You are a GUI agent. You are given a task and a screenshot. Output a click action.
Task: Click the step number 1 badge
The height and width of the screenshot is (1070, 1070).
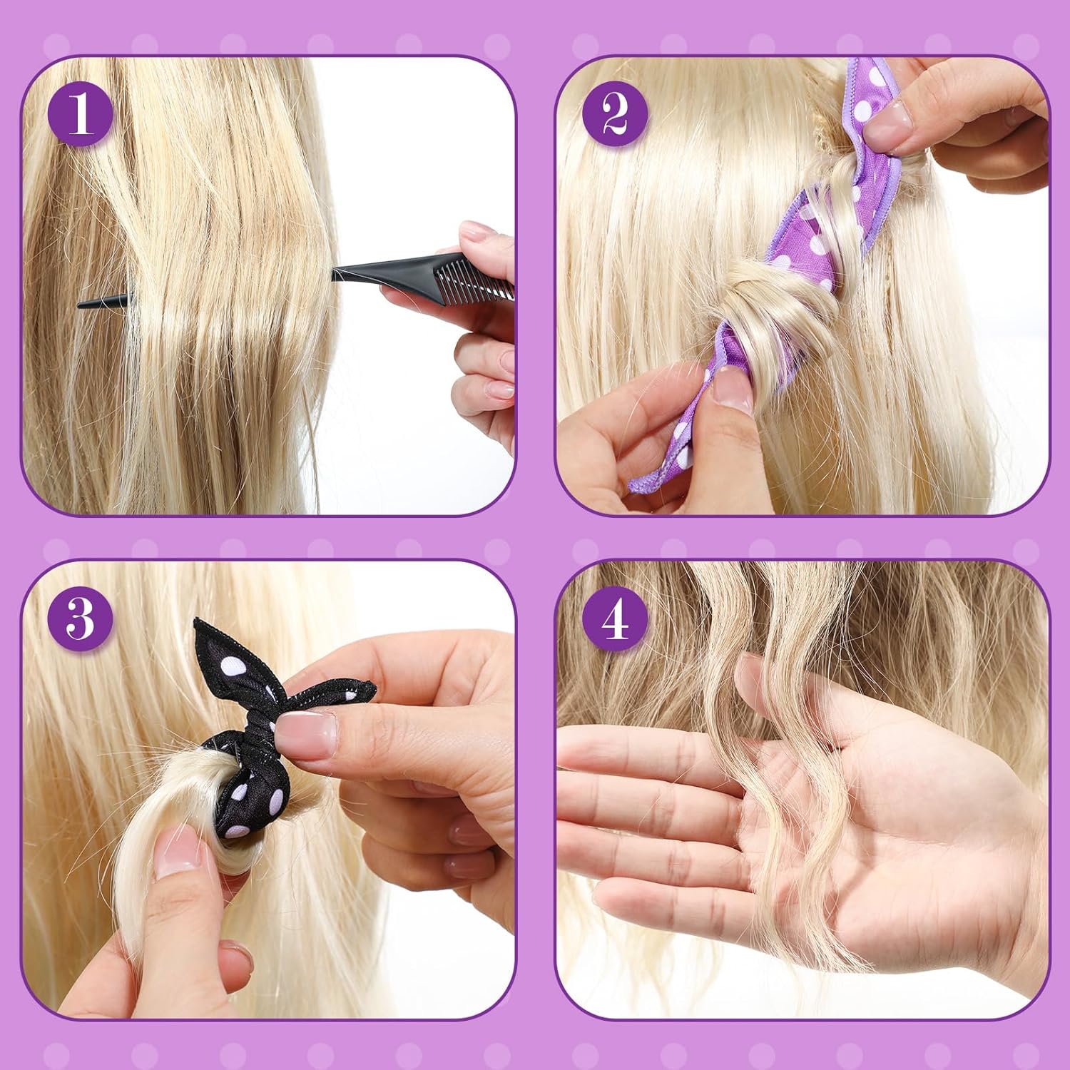80,114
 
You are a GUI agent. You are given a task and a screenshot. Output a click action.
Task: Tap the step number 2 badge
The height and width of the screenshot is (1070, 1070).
615,114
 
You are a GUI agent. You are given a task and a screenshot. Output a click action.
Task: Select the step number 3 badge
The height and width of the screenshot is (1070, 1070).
80,618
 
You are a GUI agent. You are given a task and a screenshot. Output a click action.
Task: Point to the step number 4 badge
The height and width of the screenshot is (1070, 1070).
615,618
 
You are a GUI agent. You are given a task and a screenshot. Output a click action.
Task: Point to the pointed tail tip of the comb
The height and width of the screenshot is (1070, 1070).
78,305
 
